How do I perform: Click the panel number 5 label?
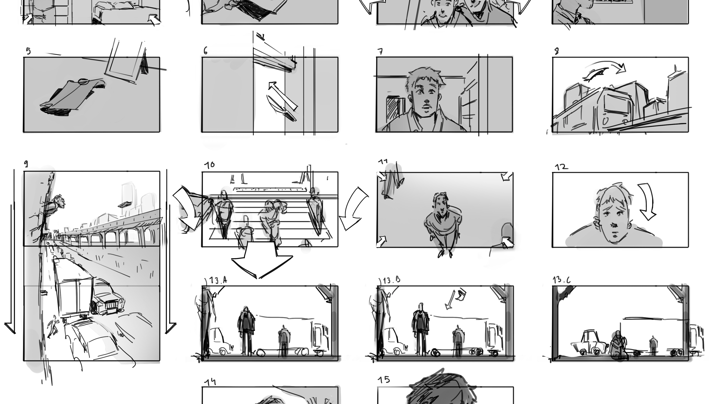point(28,51)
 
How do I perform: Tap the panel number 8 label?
point(556,51)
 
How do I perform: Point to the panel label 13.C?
point(562,280)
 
